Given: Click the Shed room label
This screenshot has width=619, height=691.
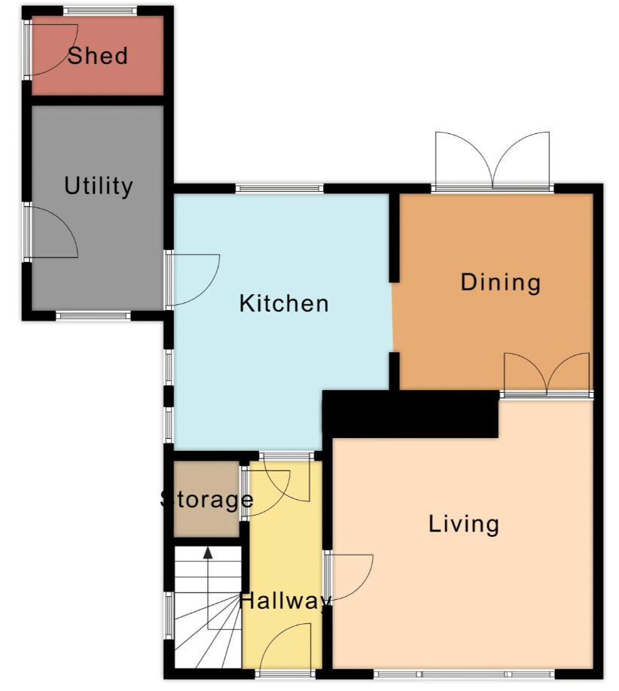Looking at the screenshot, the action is tap(97, 56).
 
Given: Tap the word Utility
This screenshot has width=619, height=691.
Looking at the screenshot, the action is tap(99, 186).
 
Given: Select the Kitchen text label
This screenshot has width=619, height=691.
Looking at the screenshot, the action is tap(284, 303).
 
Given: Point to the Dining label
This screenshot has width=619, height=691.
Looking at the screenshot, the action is tap(501, 282).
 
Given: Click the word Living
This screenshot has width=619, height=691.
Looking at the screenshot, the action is tap(464, 524).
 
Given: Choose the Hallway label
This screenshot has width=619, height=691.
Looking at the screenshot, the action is tap(285, 601).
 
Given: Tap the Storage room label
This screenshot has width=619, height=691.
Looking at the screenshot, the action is tap(206, 499).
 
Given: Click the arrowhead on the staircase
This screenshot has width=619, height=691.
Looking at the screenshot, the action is tap(208, 553).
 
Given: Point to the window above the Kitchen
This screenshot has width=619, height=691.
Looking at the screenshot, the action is tap(279, 189).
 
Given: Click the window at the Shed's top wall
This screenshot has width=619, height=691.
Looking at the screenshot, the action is tap(99, 11).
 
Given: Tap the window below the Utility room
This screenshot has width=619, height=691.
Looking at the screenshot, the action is tap(93, 315).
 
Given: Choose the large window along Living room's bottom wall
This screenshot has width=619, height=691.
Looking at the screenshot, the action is tap(464, 674).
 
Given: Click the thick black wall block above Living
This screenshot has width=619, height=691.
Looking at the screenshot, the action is tap(410, 414).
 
